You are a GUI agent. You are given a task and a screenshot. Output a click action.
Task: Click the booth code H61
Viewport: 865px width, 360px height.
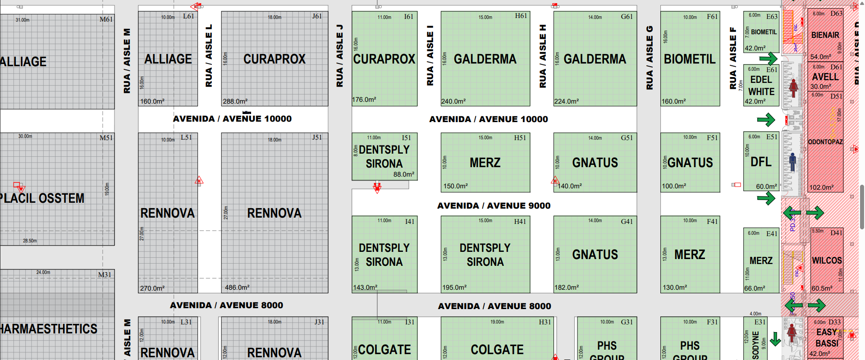click(521, 16)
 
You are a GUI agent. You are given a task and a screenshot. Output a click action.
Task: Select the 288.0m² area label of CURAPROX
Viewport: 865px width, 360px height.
click(235, 101)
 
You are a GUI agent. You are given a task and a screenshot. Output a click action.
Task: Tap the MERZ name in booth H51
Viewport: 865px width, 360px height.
click(485, 163)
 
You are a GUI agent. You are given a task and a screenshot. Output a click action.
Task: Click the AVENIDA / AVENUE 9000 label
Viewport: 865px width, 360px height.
click(494, 206)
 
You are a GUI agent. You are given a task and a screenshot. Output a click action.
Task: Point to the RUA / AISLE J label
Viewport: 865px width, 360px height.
click(339, 56)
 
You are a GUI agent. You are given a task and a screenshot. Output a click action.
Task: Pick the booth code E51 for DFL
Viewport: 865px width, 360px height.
click(772, 137)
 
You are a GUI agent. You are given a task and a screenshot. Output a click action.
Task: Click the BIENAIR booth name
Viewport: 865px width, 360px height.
click(825, 35)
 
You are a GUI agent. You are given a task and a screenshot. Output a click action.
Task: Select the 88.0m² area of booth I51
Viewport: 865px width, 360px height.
click(403, 174)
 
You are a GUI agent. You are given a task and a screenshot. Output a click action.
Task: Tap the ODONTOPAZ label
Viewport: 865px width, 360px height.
click(825, 142)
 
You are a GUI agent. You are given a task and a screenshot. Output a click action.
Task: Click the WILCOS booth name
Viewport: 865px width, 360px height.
click(827, 260)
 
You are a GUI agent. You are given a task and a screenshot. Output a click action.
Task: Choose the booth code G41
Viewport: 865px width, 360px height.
click(627, 221)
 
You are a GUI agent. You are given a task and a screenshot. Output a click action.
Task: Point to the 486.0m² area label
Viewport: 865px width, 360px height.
click(237, 287)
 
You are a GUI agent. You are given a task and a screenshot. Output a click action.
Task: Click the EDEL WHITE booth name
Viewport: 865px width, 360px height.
click(761, 86)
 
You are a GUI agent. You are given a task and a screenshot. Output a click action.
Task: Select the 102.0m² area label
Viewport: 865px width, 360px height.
click(821, 187)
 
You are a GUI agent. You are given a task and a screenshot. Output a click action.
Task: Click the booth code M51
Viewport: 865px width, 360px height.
click(106, 138)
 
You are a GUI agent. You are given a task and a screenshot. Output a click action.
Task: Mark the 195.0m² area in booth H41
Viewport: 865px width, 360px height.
click(454, 287)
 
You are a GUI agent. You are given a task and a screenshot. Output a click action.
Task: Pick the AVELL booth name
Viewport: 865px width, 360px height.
click(825, 77)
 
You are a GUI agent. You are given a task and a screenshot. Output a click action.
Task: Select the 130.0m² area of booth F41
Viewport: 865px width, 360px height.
click(674, 287)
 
